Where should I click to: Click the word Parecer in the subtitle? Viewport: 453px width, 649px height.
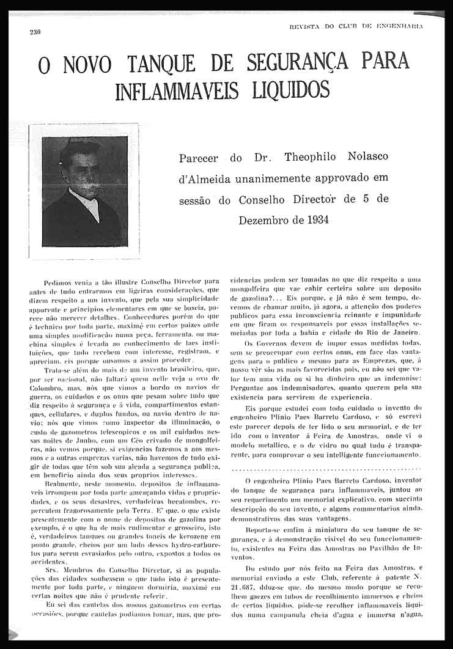click(x=198, y=159)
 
